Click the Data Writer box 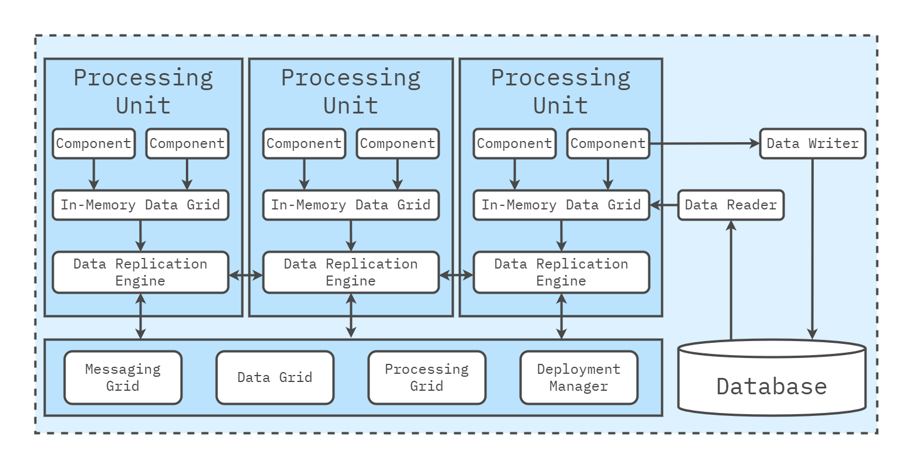tap(813, 144)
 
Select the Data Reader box tap(731, 205)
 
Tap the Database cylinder tap(772, 380)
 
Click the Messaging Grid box tap(123, 378)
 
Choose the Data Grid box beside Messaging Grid tap(275, 378)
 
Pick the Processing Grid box tap(427, 378)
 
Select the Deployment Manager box tap(579, 378)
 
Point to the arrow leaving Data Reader tap(664, 205)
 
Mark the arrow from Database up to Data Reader tap(731, 281)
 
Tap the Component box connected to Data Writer tap(608, 144)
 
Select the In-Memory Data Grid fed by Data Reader tap(561, 205)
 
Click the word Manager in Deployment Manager tap(579, 387)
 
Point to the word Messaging tap(123, 370)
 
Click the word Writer tap(834, 144)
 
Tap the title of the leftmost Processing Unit tap(143, 91)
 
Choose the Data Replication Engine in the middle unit tap(351, 273)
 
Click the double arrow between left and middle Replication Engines tap(246, 274)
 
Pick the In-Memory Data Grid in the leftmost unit tap(140, 205)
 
